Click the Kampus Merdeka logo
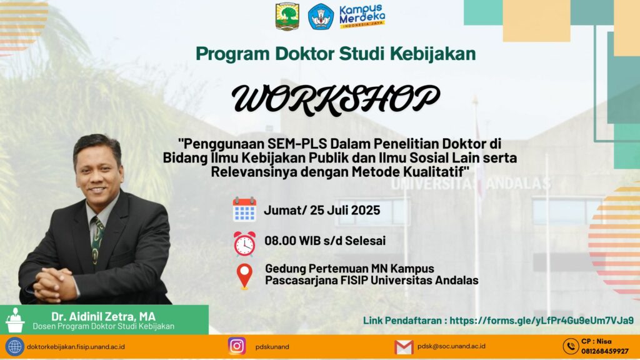(x=362, y=16)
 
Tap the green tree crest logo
(x=287, y=17)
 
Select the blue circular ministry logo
(x=321, y=17)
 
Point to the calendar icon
(x=244, y=209)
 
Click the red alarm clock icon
(x=244, y=244)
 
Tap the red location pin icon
(x=244, y=276)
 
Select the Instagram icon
(x=237, y=346)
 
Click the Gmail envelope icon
(x=404, y=347)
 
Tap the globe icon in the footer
(x=15, y=347)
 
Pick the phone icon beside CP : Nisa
(x=571, y=346)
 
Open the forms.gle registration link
(x=542, y=321)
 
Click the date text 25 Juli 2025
(x=345, y=210)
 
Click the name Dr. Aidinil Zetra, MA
(x=103, y=316)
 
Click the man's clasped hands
(x=54, y=285)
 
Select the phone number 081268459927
(x=605, y=351)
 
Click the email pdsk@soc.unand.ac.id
(x=451, y=346)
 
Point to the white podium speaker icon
(x=15, y=320)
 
